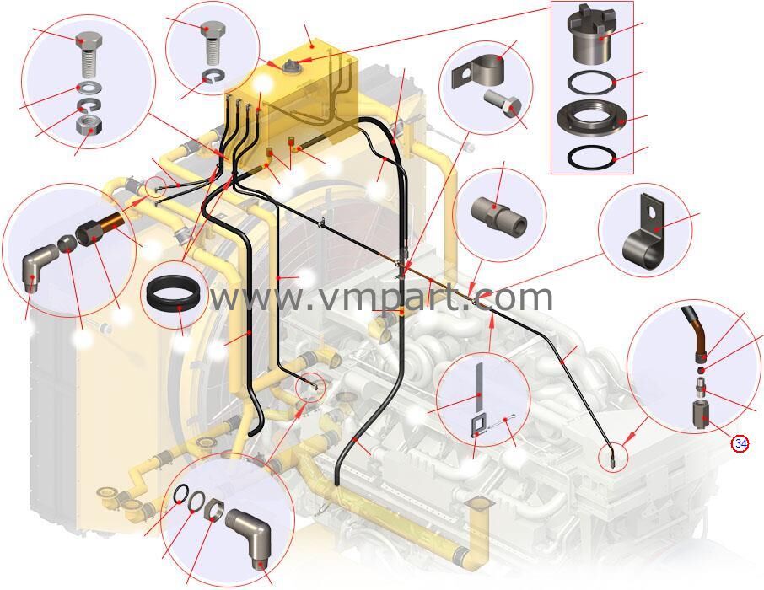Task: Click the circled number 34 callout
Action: (740, 443)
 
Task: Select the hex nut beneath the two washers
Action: (89, 126)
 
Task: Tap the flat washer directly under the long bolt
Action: (89, 87)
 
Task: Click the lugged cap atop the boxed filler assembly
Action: (591, 35)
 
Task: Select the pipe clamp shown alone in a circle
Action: (644, 232)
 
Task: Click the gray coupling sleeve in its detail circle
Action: (499, 213)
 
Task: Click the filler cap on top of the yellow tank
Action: (288, 65)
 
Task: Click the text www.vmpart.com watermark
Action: (381, 298)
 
